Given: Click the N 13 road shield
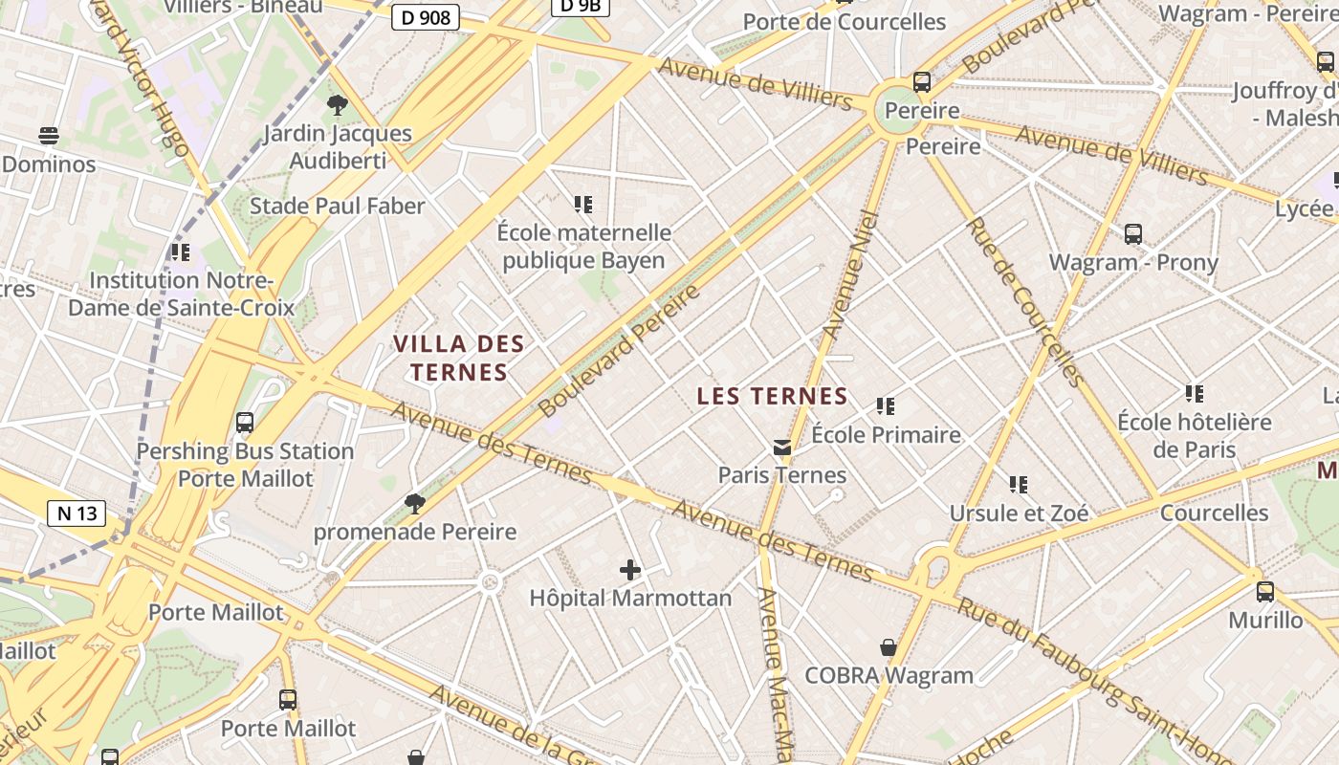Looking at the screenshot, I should point(77,514).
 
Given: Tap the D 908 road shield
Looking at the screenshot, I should point(426,17).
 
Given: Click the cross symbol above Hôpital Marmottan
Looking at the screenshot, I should point(630,570).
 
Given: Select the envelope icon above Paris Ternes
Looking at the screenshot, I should point(782,447).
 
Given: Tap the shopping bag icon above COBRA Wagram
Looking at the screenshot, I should point(889,647).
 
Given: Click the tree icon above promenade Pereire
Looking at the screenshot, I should point(415,503).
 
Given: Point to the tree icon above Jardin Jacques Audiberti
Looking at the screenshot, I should point(337,105).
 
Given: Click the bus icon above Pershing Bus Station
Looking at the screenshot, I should point(245,422).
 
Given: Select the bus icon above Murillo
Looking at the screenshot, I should point(1265,591).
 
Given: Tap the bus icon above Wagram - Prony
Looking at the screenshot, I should point(1133,233).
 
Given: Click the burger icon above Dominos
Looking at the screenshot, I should point(49,135).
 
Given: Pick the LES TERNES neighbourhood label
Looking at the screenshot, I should point(772,396).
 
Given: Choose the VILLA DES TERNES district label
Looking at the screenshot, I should point(459,358).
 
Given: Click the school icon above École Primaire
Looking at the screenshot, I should point(886,406).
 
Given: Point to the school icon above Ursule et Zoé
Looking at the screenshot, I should point(1019,485).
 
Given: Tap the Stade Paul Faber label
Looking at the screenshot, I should point(337,206).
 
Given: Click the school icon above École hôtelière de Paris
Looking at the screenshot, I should point(1195,393).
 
